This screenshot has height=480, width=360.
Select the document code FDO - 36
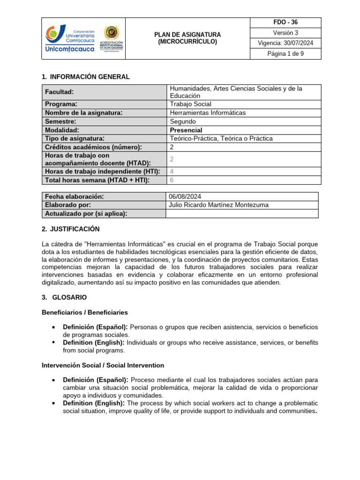click(285, 22)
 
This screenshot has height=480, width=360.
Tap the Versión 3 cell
click(285, 33)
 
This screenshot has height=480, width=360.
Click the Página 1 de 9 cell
click(285, 54)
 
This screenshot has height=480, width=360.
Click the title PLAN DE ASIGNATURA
click(187, 35)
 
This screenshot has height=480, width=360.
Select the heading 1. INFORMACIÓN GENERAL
click(86, 77)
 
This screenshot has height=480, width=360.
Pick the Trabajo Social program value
click(190, 104)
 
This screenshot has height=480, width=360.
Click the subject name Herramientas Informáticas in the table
click(207, 112)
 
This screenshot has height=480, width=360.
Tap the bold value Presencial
click(186, 130)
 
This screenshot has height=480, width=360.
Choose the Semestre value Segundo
click(183, 121)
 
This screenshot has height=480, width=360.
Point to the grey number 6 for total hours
click(172, 180)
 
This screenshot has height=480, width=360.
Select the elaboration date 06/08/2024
click(185, 196)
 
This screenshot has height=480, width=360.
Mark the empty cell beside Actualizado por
click(242, 214)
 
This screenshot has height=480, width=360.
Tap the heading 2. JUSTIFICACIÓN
click(70, 229)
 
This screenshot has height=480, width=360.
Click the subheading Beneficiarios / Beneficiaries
click(84, 312)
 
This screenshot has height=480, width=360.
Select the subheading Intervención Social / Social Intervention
click(103, 365)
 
